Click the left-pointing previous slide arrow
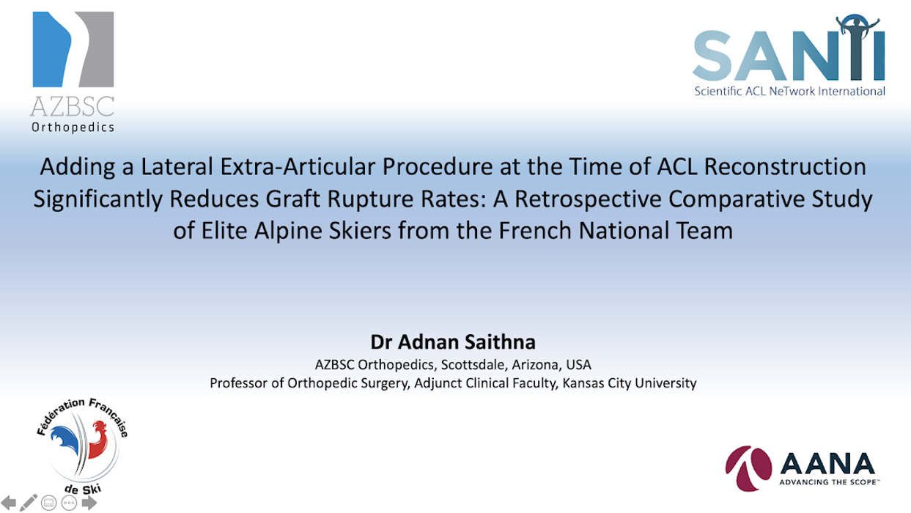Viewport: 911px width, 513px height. (10, 503)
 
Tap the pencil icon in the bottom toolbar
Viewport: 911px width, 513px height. (29, 503)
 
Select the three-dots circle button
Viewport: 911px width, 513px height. (70, 503)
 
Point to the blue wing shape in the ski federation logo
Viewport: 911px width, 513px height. (67, 443)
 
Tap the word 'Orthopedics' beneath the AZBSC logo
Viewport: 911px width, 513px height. (72, 127)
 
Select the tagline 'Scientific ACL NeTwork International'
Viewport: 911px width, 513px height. (789, 92)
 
